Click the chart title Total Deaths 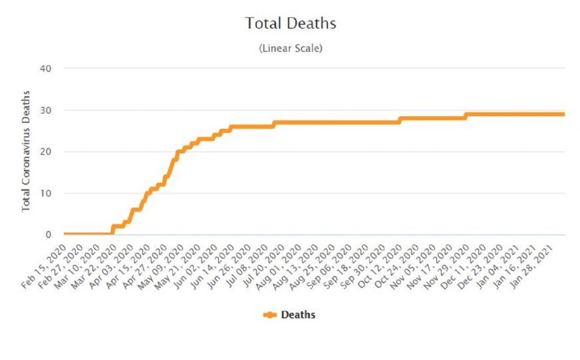coord(291,24)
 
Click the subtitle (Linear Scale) coord(291,49)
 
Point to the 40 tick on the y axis coord(46,68)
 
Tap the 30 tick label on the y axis coord(46,110)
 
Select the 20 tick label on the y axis coord(46,152)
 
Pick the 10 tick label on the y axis coord(46,193)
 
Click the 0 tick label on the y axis coord(48,234)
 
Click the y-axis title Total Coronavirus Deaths coord(26,151)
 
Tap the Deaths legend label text coord(298,315)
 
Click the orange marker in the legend coord(270,315)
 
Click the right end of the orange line coord(564,114)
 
